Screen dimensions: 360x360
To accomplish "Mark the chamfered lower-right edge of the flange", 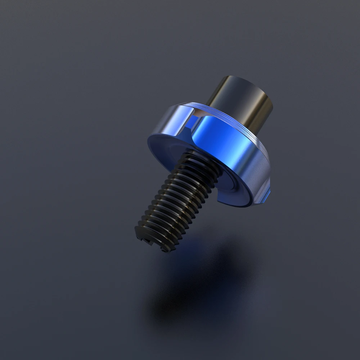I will [265, 187].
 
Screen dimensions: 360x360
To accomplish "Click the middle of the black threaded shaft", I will [176, 202].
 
